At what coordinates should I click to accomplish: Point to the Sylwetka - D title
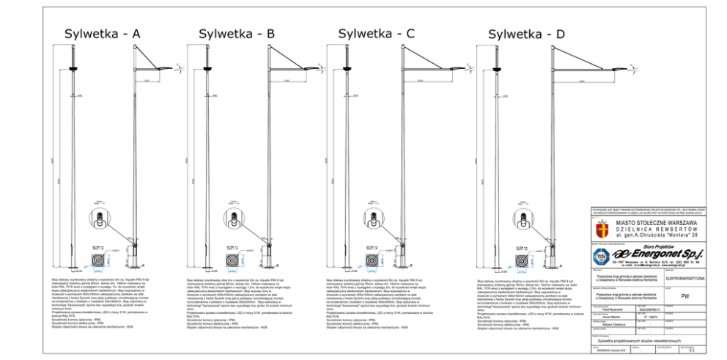tap(526, 34)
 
